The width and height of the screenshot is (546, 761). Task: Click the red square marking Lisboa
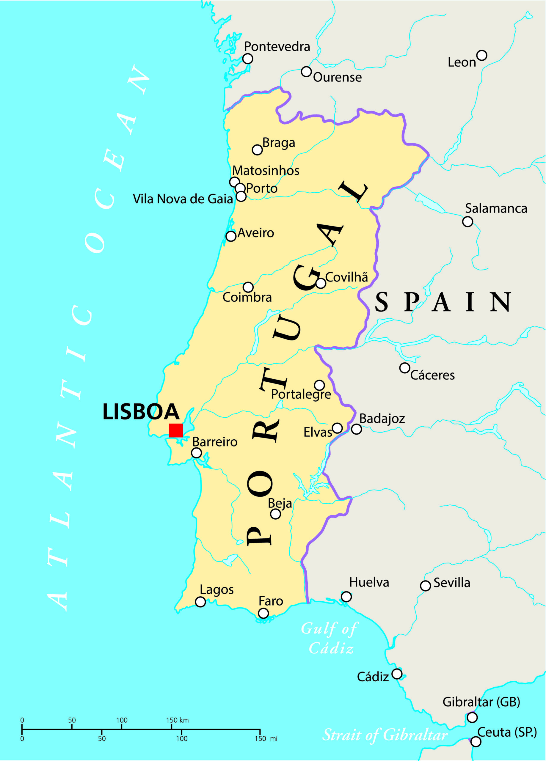(x=176, y=430)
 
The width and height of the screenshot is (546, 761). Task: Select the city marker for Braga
(x=257, y=150)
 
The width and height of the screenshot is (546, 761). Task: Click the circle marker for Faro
(x=263, y=613)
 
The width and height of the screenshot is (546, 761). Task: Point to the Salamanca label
(x=496, y=208)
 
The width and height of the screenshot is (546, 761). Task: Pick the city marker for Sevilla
(x=425, y=586)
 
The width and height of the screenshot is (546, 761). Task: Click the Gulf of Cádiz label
(x=330, y=638)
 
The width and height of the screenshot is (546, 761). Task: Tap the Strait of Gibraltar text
(x=385, y=735)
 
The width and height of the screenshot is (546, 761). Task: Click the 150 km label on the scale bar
(x=177, y=720)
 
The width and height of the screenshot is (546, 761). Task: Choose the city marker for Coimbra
(x=248, y=287)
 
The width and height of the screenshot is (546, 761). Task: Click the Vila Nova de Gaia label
(x=183, y=199)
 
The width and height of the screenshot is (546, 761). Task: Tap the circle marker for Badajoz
(x=356, y=429)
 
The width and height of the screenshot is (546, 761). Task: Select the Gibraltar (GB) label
(x=481, y=702)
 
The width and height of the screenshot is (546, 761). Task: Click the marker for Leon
(x=481, y=55)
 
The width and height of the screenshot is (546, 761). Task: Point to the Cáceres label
(x=432, y=375)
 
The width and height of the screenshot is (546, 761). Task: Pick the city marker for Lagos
(x=200, y=602)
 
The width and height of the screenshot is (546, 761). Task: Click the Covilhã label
(x=346, y=277)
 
